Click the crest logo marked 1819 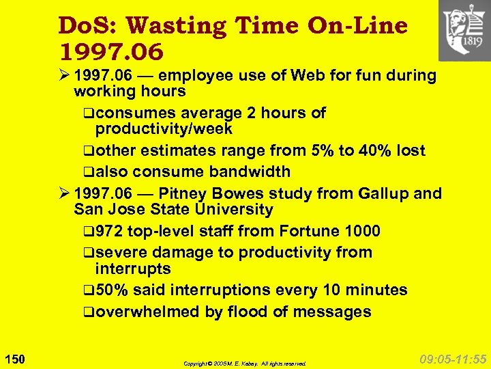coord(464,31)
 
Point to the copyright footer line coord(245,364)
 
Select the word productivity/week coord(164,128)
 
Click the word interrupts coord(133,269)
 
